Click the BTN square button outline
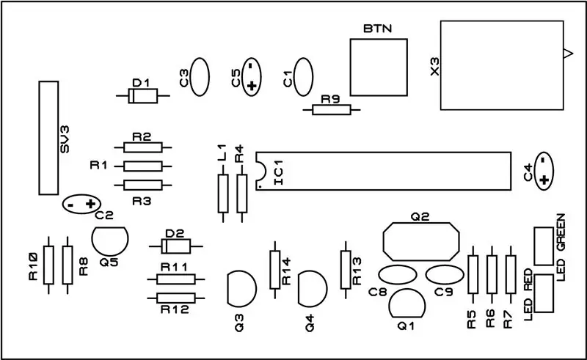point(351,67)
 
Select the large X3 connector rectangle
point(441,65)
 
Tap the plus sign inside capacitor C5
point(252,86)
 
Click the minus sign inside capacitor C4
point(543,161)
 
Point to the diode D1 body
point(142,96)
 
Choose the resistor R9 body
point(332,110)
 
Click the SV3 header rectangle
point(40,138)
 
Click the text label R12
point(175,309)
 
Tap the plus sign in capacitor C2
point(90,204)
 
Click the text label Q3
point(238,323)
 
